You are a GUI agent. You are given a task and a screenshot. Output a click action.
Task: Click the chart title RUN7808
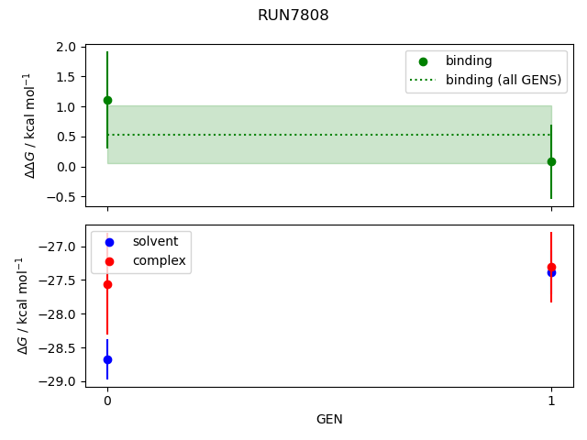tap(293, 16)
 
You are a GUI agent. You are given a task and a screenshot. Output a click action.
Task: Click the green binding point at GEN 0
tap(107, 100)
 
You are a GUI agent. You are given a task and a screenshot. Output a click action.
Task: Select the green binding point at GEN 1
tap(551, 161)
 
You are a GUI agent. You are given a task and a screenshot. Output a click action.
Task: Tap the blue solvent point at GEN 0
tap(107, 359)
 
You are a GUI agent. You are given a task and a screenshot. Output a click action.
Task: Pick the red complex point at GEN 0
tap(107, 284)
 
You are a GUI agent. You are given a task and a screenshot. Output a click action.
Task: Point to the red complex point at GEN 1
tap(551, 267)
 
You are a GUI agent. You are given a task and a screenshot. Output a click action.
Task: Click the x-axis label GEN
tap(329, 420)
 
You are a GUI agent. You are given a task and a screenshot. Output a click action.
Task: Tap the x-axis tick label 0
tap(107, 401)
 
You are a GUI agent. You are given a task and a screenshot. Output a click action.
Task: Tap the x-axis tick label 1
tap(551, 401)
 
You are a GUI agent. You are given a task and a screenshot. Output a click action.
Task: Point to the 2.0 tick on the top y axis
tap(65, 47)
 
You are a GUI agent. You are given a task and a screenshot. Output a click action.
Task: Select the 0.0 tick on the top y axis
tap(65, 167)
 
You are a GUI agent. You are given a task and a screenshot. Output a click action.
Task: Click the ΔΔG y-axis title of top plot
tap(30, 125)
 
